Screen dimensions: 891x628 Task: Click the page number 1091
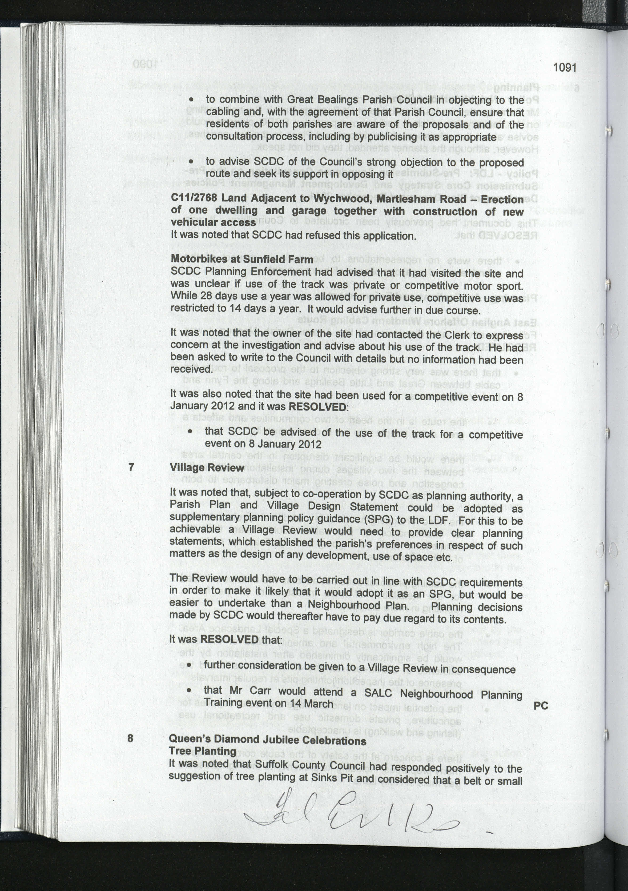(x=565, y=68)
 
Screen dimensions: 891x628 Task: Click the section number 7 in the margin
(x=131, y=467)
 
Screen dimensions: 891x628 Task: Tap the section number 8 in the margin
(x=130, y=737)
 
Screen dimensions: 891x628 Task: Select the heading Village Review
(x=207, y=468)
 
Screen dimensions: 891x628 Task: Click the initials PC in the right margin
(x=541, y=706)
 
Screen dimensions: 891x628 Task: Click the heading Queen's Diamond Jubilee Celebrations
(x=267, y=740)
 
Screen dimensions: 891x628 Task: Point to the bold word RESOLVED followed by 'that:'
(x=229, y=639)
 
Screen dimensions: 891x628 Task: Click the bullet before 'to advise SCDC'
(x=191, y=162)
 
